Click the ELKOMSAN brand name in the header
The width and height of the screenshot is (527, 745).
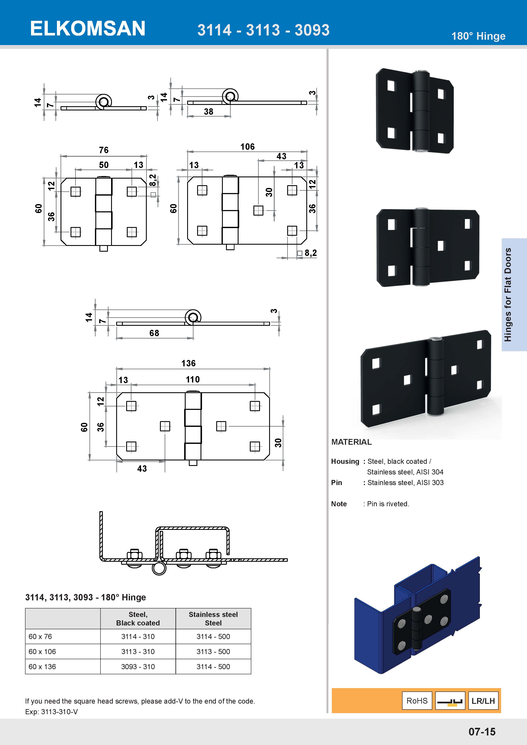point(88,28)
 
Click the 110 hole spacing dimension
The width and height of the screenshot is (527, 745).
point(192,379)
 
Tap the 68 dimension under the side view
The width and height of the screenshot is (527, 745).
point(154,333)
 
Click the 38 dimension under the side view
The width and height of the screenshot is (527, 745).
point(208,112)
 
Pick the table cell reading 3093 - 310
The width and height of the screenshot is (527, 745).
point(138,666)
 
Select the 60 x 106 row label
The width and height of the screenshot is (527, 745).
point(42,652)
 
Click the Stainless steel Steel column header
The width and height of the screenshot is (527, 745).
point(213,618)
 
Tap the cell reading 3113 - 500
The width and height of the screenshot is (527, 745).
point(213,652)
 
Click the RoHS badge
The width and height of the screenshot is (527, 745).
point(417,701)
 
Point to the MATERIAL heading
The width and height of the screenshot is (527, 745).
point(352,442)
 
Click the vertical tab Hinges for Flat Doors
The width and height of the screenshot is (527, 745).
point(508,294)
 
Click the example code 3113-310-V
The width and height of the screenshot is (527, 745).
point(59,712)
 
